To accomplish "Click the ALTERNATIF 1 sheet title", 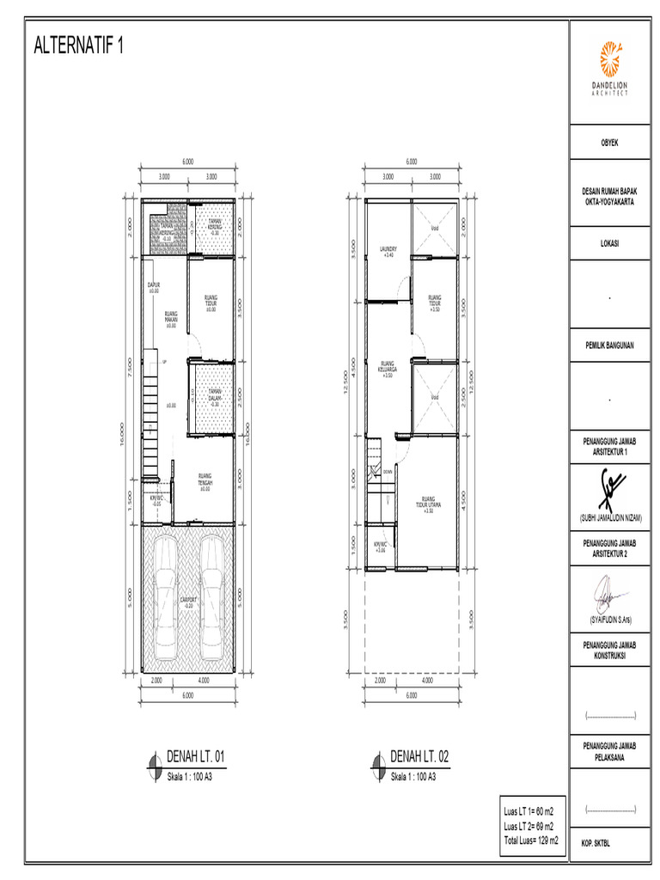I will tap(78, 46).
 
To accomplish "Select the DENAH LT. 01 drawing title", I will tap(195, 757).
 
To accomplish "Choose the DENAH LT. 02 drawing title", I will tap(419, 757).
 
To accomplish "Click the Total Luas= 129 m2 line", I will tap(530, 839).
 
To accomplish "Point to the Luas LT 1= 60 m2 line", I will tap(529, 811).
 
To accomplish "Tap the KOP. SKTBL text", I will tap(599, 842).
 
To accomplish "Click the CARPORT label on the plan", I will tap(188, 601).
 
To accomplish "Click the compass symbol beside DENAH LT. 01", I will tap(153, 761).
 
